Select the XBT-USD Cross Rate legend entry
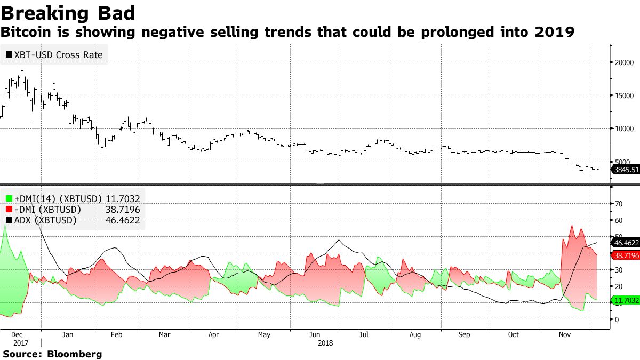54,54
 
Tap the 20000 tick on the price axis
624,62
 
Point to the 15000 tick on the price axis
624,95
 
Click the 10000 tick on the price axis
624,129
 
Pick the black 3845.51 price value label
626,170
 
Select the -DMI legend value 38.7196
124,210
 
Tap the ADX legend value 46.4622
124,220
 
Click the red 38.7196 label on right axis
626,256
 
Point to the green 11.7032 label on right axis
626,301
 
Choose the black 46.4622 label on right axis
626,243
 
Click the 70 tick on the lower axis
619,203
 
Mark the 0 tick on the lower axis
617,319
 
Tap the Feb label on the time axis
116,335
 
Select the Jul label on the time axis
364,335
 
